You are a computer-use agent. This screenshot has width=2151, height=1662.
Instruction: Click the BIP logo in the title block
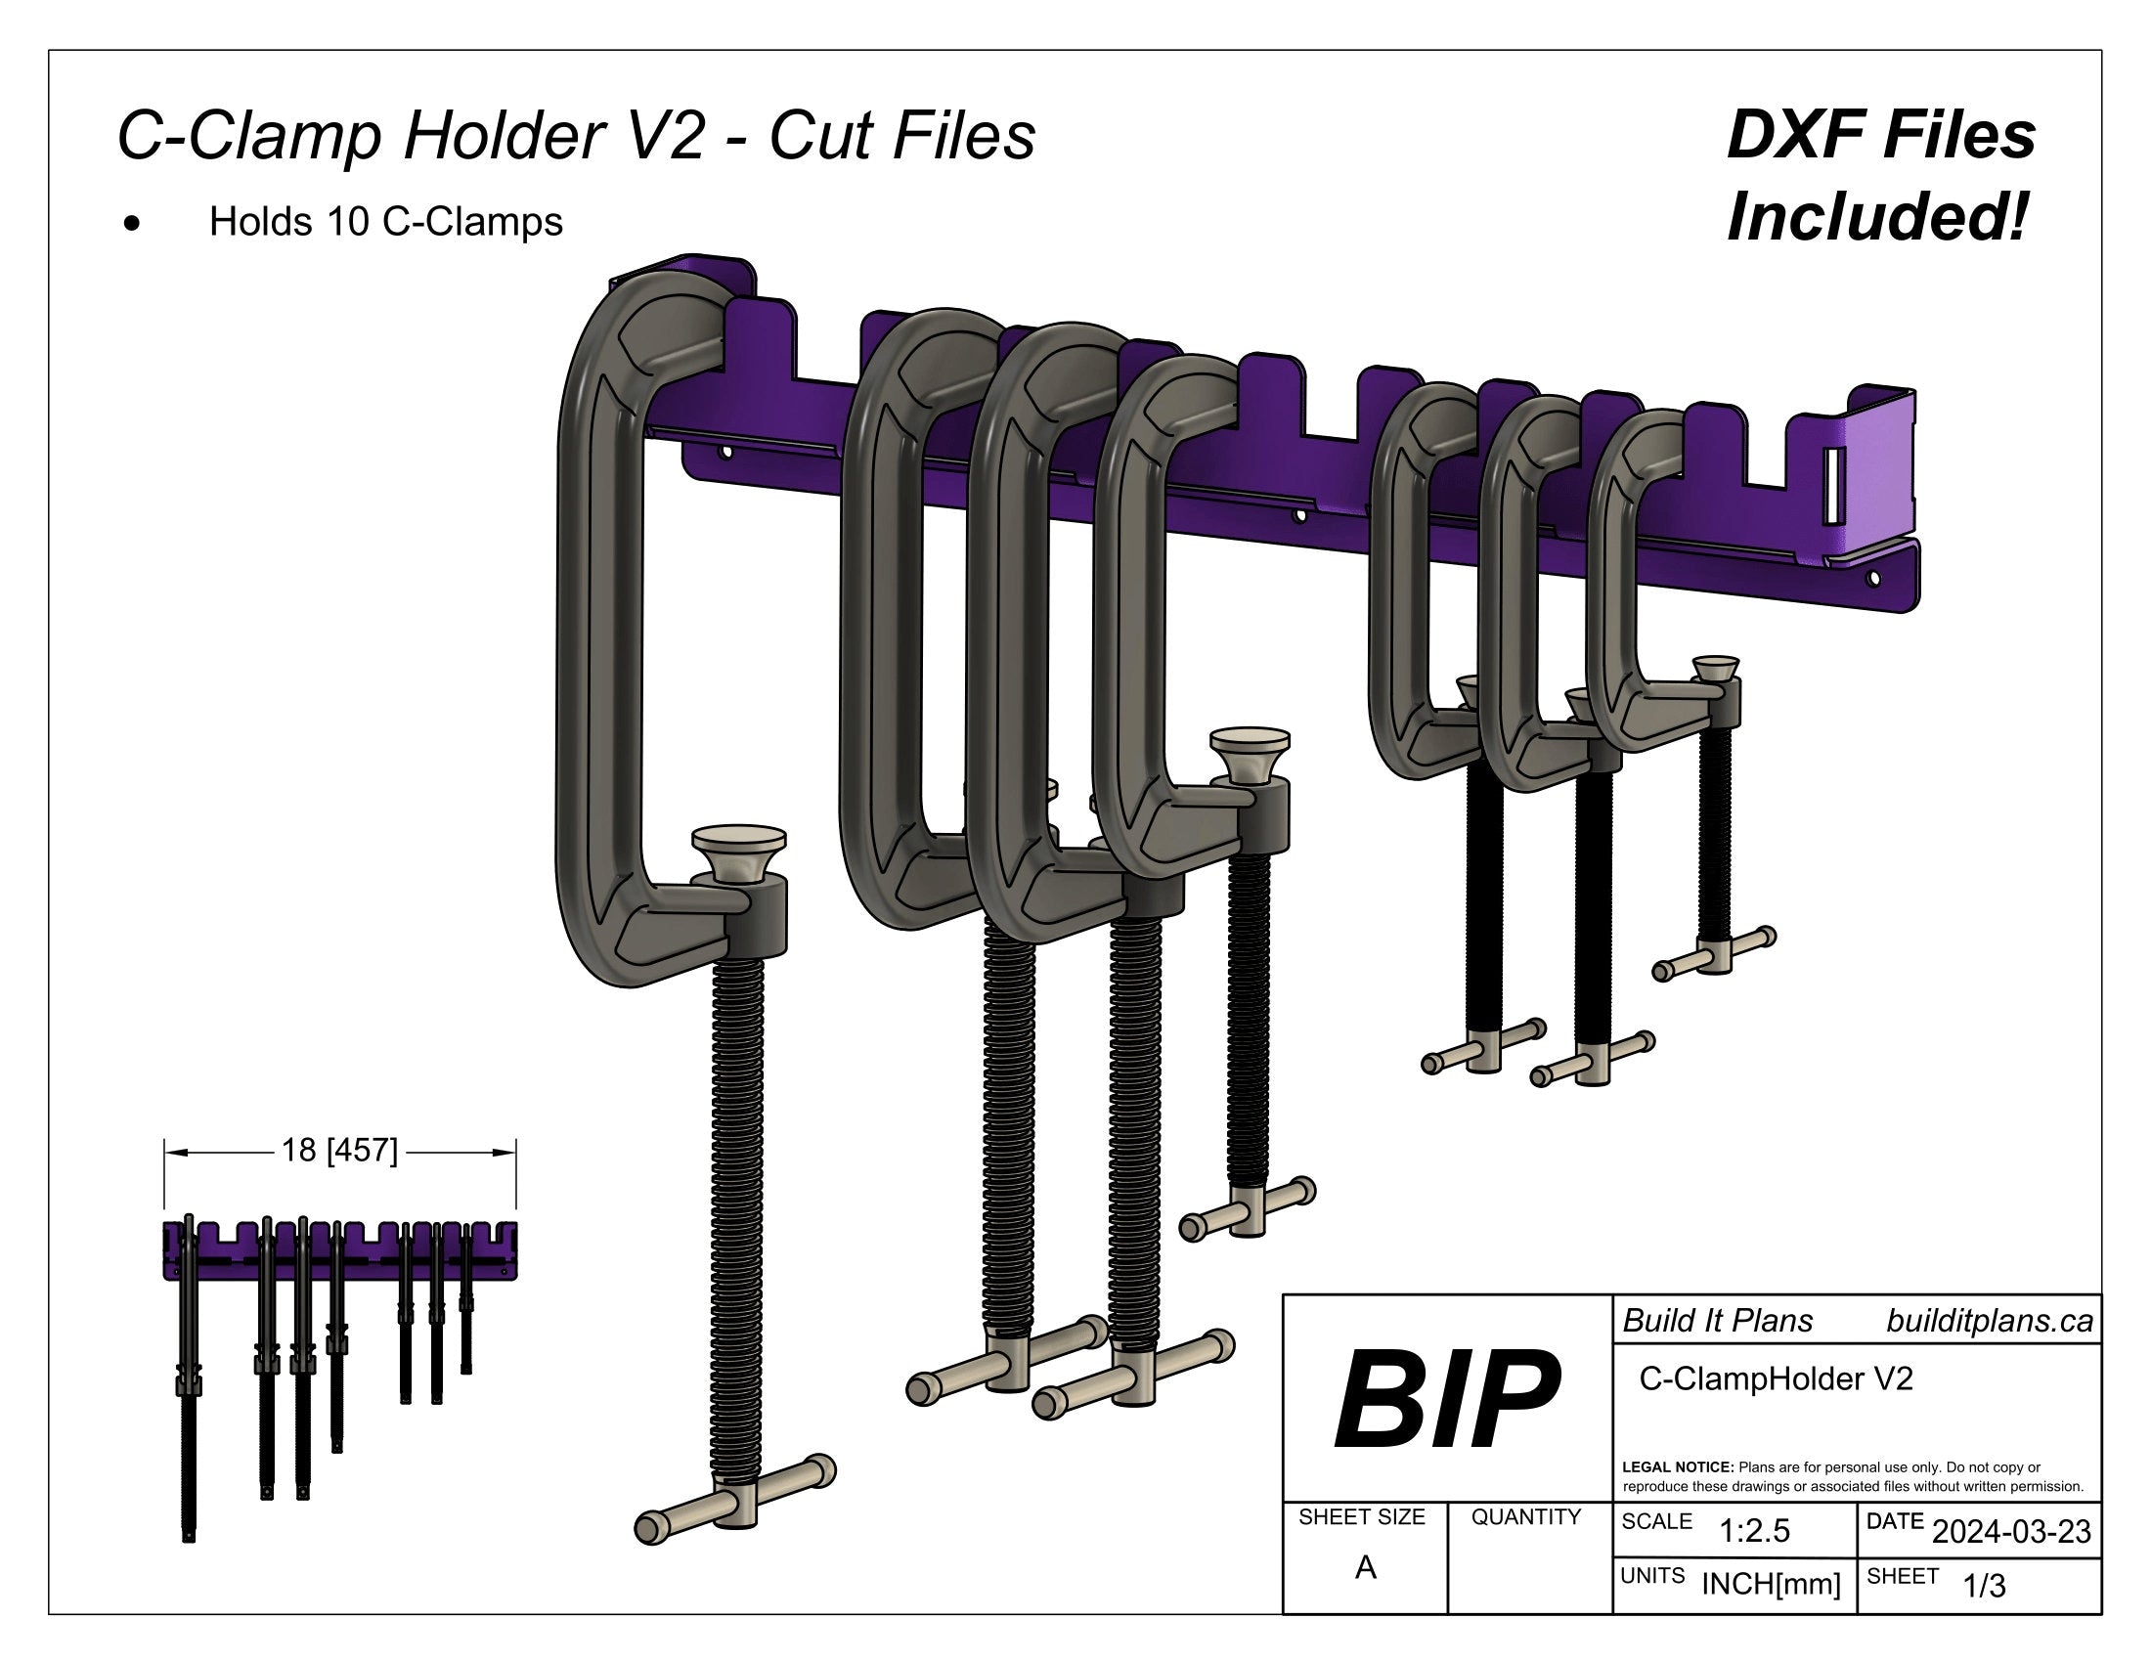[x=1447, y=1399]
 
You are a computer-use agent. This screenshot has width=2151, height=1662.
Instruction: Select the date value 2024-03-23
[x=2011, y=1531]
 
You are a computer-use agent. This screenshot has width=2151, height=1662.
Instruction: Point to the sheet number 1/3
[x=1985, y=1585]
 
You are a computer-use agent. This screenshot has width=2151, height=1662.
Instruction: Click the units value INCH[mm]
[x=1771, y=1584]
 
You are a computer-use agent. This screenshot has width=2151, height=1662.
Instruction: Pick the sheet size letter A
[x=1365, y=1567]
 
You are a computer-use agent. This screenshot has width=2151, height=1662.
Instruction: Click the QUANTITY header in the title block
[x=1525, y=1517]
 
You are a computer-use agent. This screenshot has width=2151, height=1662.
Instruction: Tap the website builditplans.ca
[x=1990, y=1321]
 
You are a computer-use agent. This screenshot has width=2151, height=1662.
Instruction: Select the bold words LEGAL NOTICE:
[x=1678, y=1467]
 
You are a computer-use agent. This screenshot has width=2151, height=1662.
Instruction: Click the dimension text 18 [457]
[x=340, y=1150]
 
